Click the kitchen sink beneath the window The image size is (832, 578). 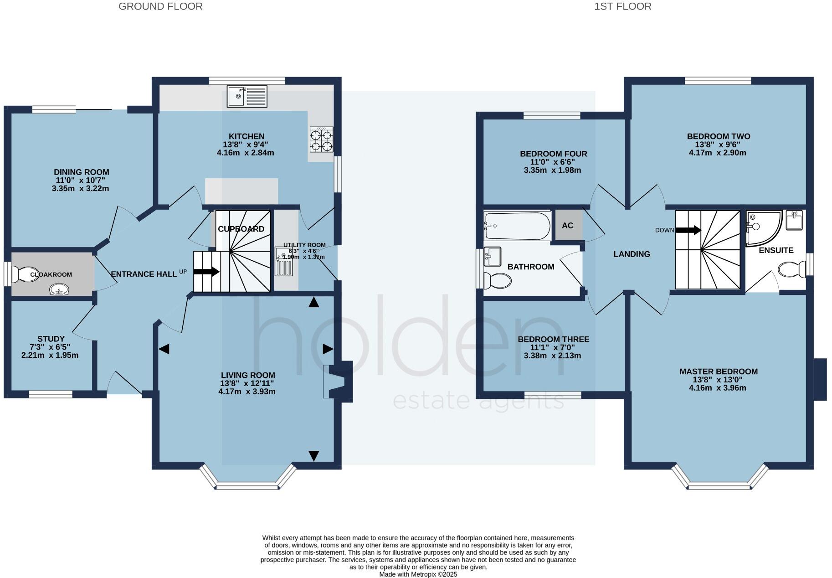pos(248,97)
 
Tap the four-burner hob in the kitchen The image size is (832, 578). pos(321,139)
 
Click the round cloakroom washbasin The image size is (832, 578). pos(59,289)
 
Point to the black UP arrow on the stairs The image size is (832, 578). pos(206,272)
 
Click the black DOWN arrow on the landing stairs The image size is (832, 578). pos(688,230)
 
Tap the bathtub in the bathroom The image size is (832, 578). pos(517,226)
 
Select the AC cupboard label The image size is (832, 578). pos(568,226)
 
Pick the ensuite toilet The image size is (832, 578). pos(792,269)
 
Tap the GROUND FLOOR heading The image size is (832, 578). pos(160,6)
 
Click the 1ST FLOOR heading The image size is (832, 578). pos(622,6)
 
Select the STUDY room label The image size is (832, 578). pos(51,339)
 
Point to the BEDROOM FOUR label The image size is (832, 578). pos(553,154)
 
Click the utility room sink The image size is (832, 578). pos(284,262)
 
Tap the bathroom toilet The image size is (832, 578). pos(497,280)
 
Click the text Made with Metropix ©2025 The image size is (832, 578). pos(418,574)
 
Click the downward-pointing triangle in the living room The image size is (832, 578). pos(314,455)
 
